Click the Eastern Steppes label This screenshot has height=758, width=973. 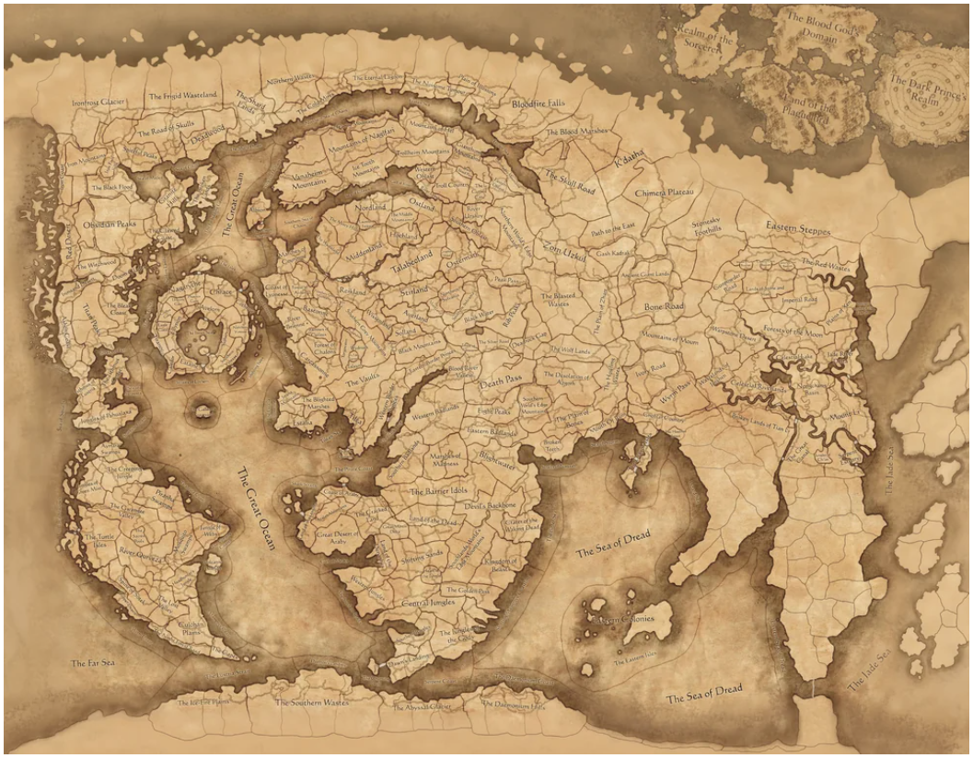[797, 229]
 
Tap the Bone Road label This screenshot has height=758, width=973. [665, 305]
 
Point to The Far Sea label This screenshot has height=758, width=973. [91, 661]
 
